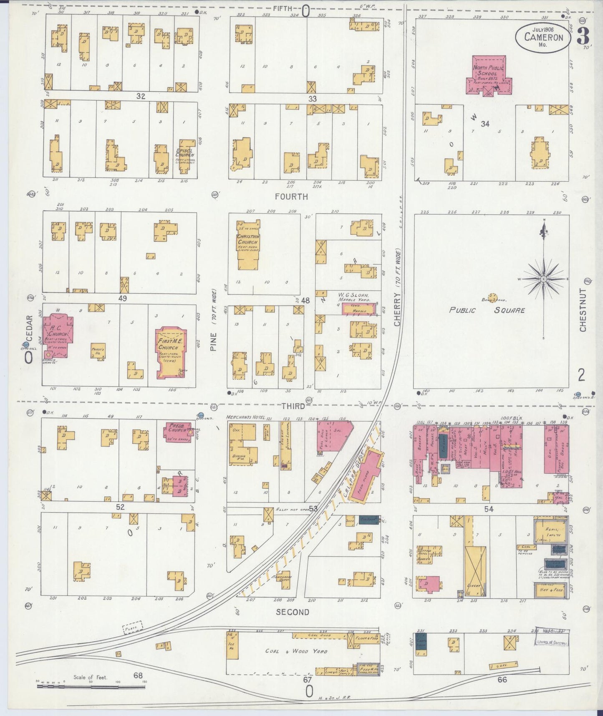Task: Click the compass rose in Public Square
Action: pos(543,278)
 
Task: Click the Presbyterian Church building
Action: pos(179,431)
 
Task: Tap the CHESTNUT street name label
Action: pos(583,310)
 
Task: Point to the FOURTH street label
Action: pos(291,196)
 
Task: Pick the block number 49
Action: pos(122,298)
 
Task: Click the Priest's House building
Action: pos(98,350)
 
